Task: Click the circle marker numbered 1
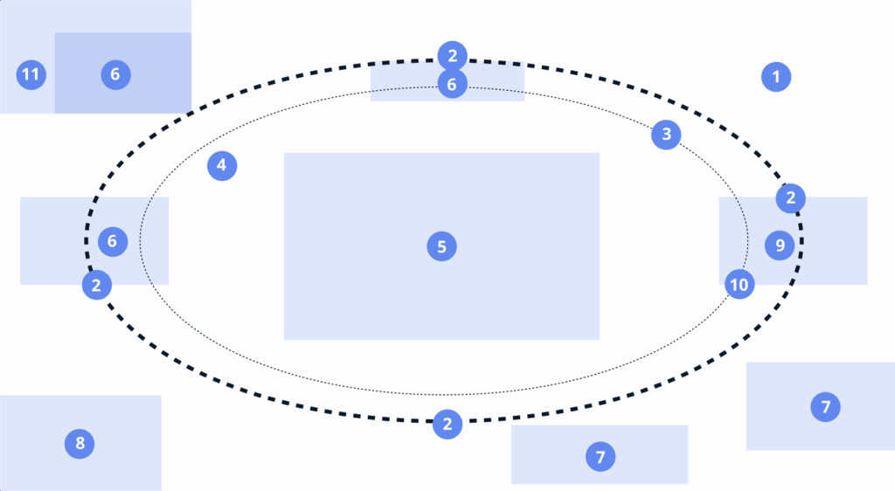[x=775, y=77]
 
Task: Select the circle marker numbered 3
[x=666, y=135]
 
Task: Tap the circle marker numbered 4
[x=222, y=164]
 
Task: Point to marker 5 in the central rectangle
[x=441, y=247]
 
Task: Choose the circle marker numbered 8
[x=80, y=444]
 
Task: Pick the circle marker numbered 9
[x=780, y=245]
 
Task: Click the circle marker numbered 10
[x=739, y=284]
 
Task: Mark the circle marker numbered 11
[x=31, y=74]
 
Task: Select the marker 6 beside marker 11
[x=114, y=74]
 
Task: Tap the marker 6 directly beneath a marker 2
[x=452, y=85]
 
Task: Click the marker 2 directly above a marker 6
[x=452, y=57]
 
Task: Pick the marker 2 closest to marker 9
[x=791, y=198]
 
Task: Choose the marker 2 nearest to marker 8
[x=96, y=285]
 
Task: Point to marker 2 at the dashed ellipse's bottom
[x=447, y=425]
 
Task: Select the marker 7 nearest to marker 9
[x=825, y=406]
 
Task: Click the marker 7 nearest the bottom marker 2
[x=600, y=456]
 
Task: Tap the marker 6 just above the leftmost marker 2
[x=113, y=241]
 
